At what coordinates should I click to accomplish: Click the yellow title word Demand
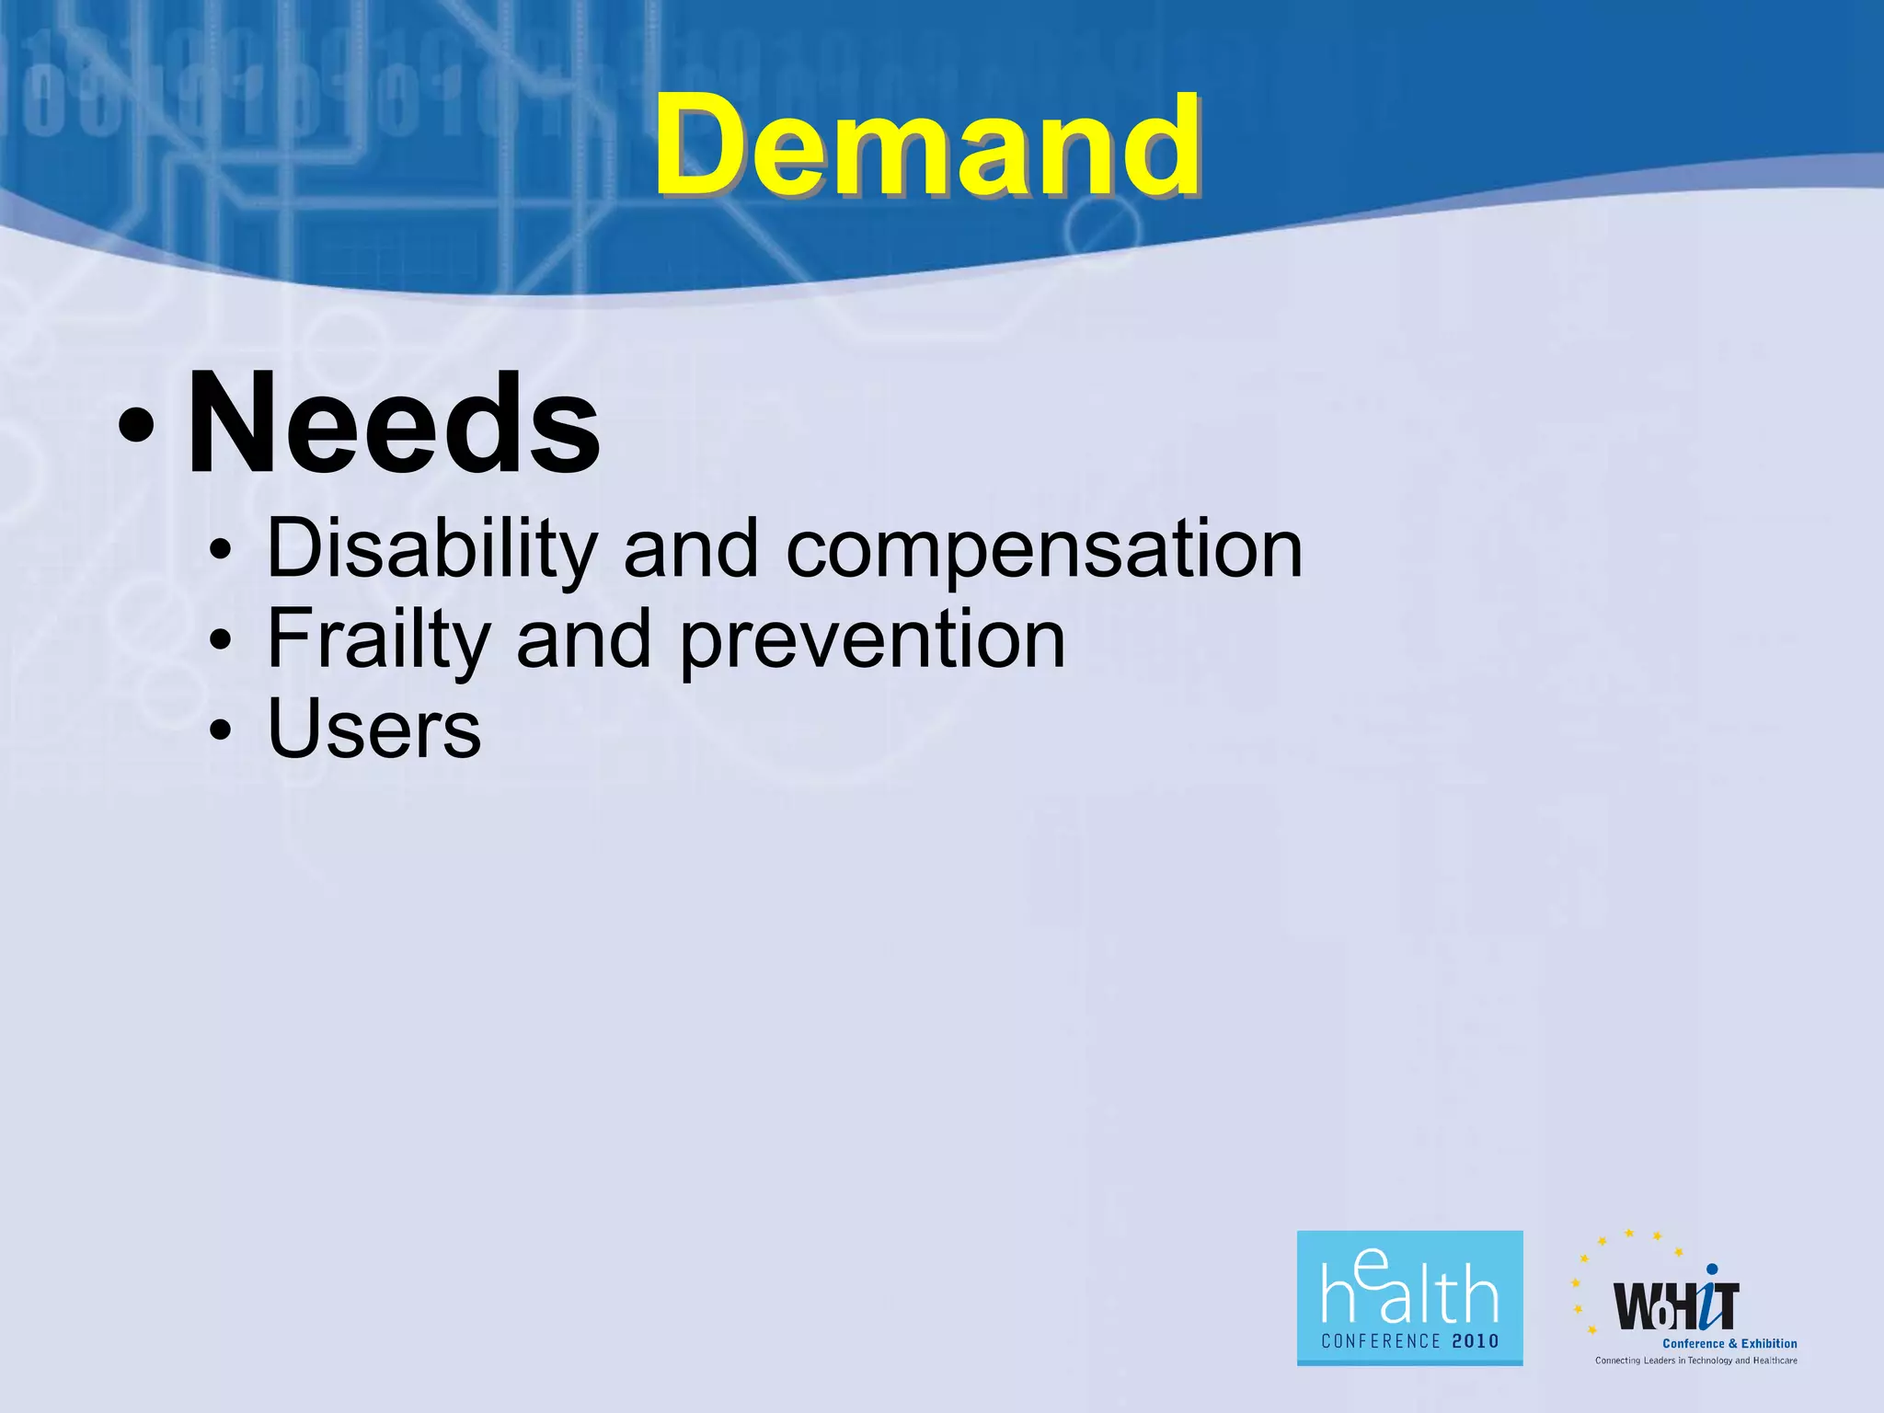click(927, 147)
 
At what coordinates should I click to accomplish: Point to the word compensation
click(1044, 549)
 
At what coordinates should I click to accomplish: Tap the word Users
click(373, 729)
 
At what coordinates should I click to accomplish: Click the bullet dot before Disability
click(220, 552)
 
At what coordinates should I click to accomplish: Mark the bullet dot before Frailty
click(220, 641)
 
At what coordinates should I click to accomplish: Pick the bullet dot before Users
click(220, 730)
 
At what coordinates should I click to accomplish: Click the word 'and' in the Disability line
click(691, 549)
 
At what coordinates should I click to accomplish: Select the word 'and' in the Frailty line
click(584, 639)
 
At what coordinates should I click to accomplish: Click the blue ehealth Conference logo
click(1409, 1297)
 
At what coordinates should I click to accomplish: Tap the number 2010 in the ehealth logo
click(1476, 1341)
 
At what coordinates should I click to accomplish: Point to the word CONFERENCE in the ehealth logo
click(1381, 1341)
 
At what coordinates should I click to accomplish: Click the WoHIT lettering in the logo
click(1676, 1306)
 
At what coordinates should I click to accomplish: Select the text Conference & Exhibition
click(1729, 1344)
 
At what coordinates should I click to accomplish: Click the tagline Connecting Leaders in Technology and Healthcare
click(1695, 1361)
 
